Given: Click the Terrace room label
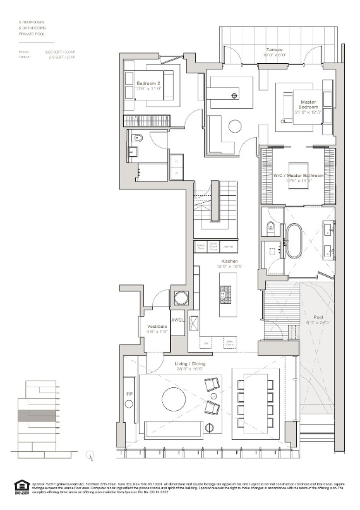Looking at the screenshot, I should click(274, 50).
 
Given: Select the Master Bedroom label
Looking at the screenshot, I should click(308, 104).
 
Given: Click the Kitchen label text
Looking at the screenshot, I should click(229, 261).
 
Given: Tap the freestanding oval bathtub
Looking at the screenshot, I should click(294, 241).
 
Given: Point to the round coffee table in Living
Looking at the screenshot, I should click(173, 399).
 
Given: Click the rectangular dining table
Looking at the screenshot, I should click(253, 401).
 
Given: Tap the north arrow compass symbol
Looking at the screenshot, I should click(92, 458).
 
